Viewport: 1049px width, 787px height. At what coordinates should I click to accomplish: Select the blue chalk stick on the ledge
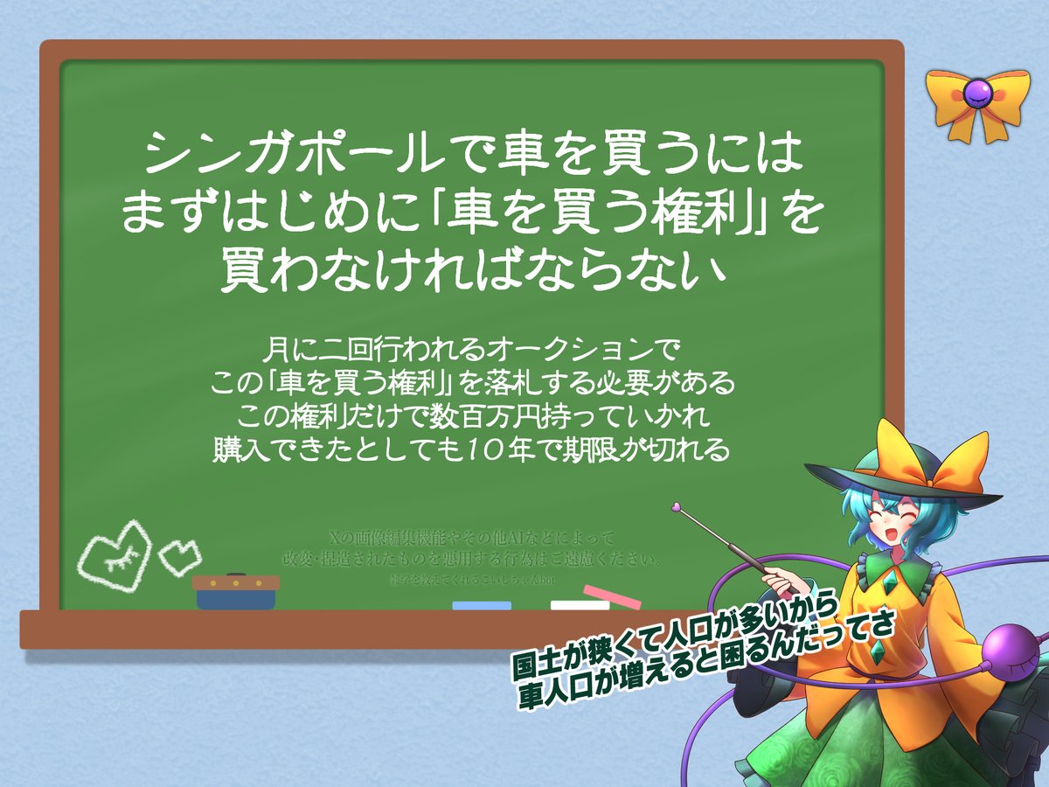click(x=482, y=605)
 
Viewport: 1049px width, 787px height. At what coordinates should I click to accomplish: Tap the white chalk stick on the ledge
click(x=580, y=605)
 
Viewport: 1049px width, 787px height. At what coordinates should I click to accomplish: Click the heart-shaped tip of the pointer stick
click(x=676, y=505)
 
